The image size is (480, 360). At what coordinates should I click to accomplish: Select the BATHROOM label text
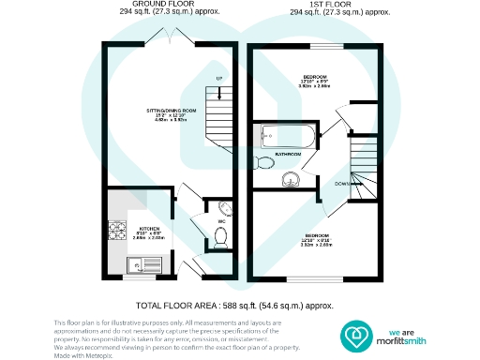[x=287, y=153]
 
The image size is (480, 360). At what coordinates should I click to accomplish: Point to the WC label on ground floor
[x=221, y=222]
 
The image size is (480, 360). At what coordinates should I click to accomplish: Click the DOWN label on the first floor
[x=341, y=184]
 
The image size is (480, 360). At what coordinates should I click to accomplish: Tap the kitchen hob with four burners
[x=120, y=228]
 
